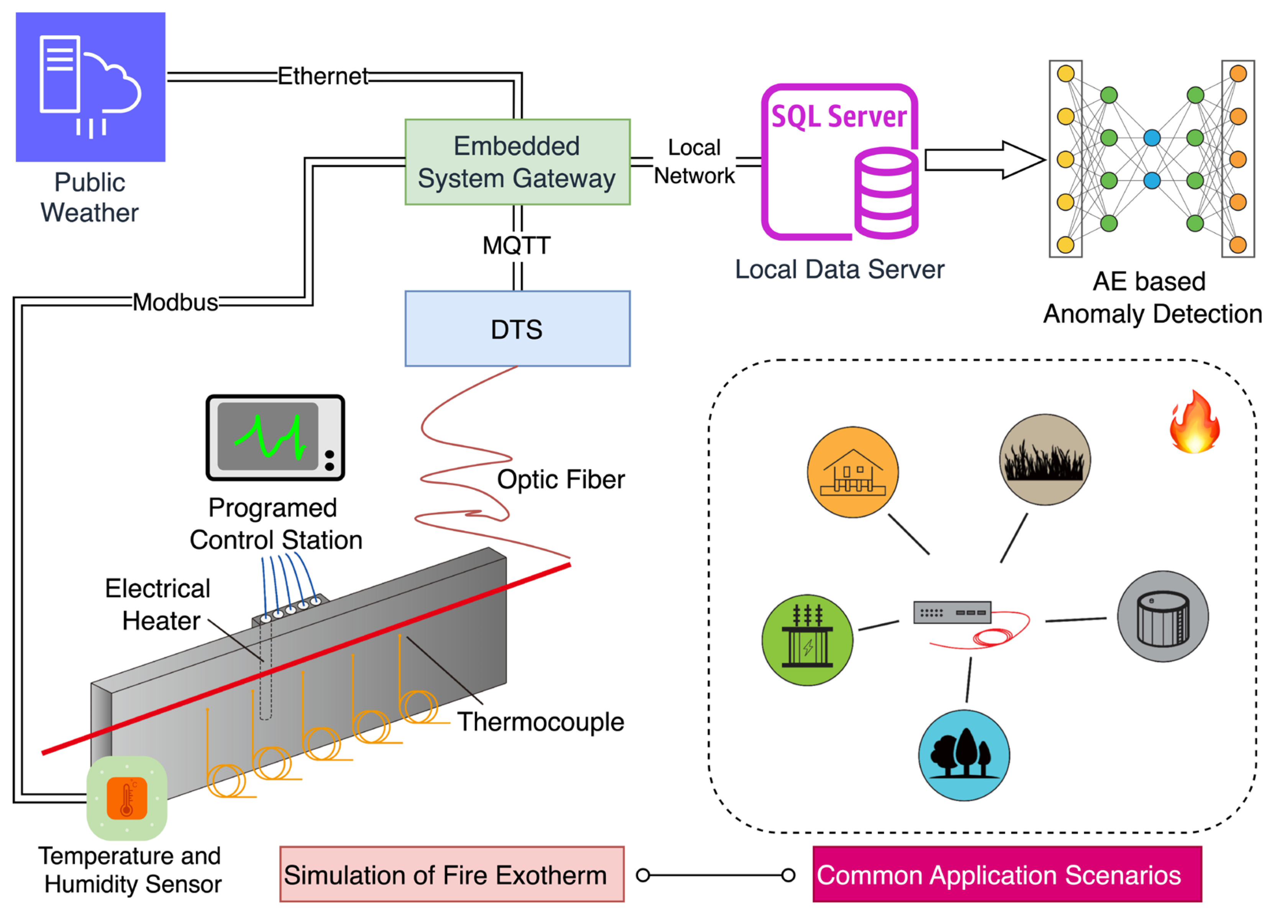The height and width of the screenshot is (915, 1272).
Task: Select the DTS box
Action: point(517,329)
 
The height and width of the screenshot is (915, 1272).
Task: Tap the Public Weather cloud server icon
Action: point(90,87)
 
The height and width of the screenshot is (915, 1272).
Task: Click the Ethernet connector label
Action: point(323,76)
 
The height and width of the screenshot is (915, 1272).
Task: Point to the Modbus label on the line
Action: point(175,302)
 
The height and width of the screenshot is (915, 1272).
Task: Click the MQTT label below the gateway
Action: point(516,245)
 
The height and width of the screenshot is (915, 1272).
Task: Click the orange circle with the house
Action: point(852,472)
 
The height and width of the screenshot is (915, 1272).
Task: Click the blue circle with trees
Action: point(964,755)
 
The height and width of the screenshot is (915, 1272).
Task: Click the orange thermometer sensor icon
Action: point(127,798)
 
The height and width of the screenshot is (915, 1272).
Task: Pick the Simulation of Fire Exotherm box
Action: point(451,875)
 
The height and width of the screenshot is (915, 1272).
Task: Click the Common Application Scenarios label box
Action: point(1007,875)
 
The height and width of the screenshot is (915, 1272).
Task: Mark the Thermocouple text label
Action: point(540,721)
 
